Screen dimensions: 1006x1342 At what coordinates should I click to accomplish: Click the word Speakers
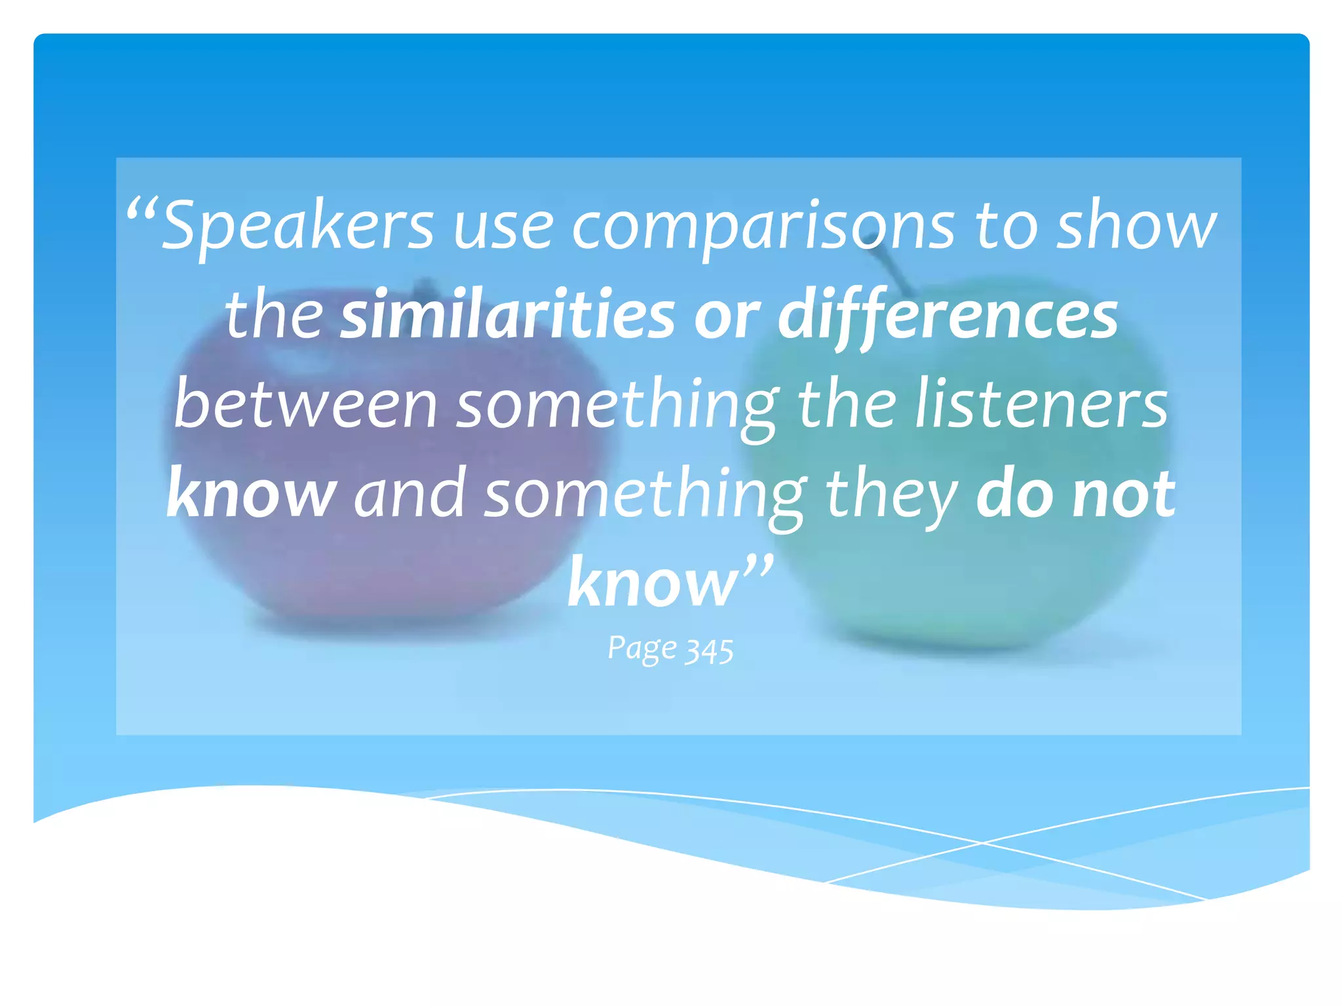(298, 227)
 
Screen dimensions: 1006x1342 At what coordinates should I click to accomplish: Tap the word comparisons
(764, 227)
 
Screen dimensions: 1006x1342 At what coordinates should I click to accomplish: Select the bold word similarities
(508, 316)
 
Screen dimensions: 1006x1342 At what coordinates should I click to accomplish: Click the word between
(305, 405)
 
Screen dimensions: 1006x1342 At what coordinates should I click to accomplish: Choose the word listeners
(1041, 405)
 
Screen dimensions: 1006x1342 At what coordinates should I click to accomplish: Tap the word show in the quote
(1136, 227)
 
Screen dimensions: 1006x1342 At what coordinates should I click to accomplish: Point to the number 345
(709, 651)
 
